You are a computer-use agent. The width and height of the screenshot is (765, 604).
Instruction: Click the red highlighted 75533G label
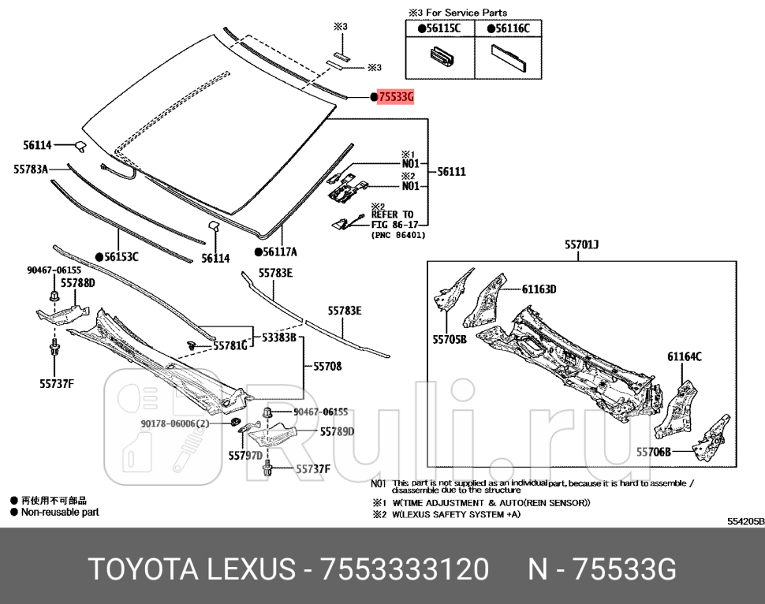pos(395,97)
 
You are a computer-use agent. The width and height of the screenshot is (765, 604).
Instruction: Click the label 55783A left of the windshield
pos(31,169)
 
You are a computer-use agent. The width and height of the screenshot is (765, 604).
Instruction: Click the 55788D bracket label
pos(78,282)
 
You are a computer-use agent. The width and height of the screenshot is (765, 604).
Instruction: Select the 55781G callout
pos(231,345)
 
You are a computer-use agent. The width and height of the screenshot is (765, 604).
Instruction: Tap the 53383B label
pos(278,337)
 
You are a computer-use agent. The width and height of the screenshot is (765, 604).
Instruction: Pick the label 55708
pos(327,366)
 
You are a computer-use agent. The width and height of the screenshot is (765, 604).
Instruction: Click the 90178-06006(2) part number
pos(175,423)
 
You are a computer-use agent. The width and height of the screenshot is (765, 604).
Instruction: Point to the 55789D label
pos(337,431)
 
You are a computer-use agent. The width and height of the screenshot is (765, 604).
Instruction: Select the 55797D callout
pos(245,455)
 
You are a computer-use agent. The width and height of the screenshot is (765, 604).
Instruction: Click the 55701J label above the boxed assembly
pos(581,245)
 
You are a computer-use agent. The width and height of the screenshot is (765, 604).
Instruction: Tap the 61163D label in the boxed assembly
pos(539,289)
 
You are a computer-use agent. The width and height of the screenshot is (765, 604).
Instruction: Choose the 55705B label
pos(450,340)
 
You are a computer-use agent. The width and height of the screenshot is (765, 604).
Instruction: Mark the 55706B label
pos(654,452)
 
